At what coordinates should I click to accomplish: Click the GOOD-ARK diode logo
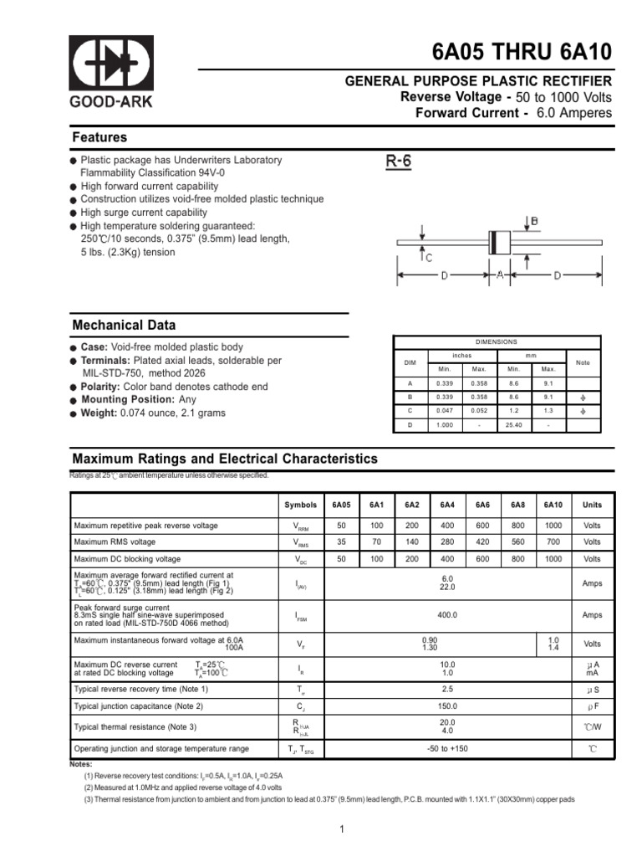110,64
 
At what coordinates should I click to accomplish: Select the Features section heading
99,137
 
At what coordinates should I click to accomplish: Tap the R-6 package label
399,162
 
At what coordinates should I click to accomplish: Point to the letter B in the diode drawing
533,222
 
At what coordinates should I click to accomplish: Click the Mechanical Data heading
124,326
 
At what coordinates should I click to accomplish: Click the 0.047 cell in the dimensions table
444,411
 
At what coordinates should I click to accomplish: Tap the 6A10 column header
553,505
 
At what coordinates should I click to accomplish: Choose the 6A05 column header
341,505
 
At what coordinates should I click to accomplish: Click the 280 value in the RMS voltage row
447,542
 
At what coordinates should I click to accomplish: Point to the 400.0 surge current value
447,615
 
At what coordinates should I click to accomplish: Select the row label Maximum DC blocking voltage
127,559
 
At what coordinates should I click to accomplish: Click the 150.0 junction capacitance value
447,706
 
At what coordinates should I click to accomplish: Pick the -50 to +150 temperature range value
447,748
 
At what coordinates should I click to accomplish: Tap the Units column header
592,505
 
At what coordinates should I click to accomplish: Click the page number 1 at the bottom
342,829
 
